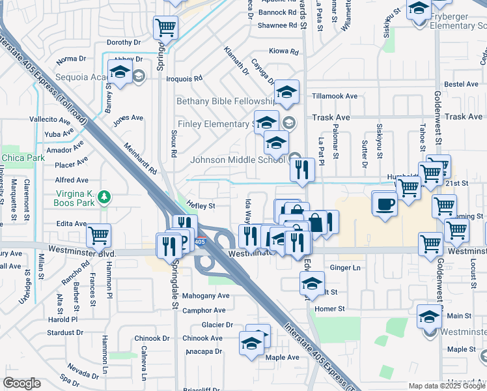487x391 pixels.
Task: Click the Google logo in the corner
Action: tap(22, 383)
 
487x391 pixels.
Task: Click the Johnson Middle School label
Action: tap(238, 160)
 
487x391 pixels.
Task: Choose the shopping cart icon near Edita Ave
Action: tap(98, 235)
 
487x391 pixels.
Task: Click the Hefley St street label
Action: tap(201, 205)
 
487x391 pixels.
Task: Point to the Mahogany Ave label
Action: tap(206, 295)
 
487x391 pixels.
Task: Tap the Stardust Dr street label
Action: tap(64, 332)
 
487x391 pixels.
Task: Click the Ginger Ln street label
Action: tap(345, 268)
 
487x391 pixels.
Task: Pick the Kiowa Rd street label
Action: tap(283, 51)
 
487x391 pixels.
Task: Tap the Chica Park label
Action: tap(23, 158)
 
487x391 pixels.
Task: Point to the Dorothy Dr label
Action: tap(119, 42)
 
